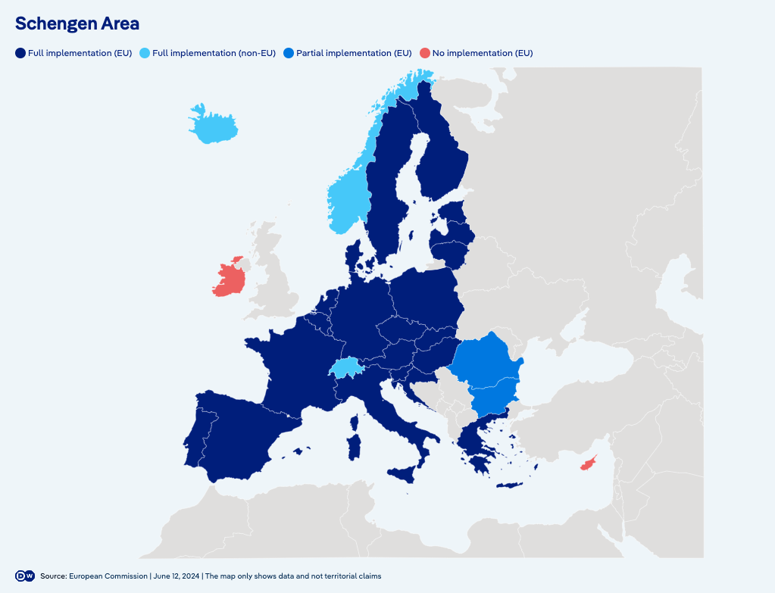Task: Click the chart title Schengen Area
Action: pyautogui.click(x=77, y=23)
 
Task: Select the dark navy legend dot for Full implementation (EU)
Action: pyautogui.click(x=20, y=53)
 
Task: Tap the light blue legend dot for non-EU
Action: pyautogui.click(x=145, y=53)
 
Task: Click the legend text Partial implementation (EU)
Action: pyautogui.click(x=354, y=53)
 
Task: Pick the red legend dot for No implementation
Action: pyautogui.click(x=425, y=53)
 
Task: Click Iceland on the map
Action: pyautogui.click(x=212, y=126)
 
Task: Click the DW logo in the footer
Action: pyautogui.click(x=25, y=576)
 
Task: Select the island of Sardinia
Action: pyautogui.click(x=353, y=446)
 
